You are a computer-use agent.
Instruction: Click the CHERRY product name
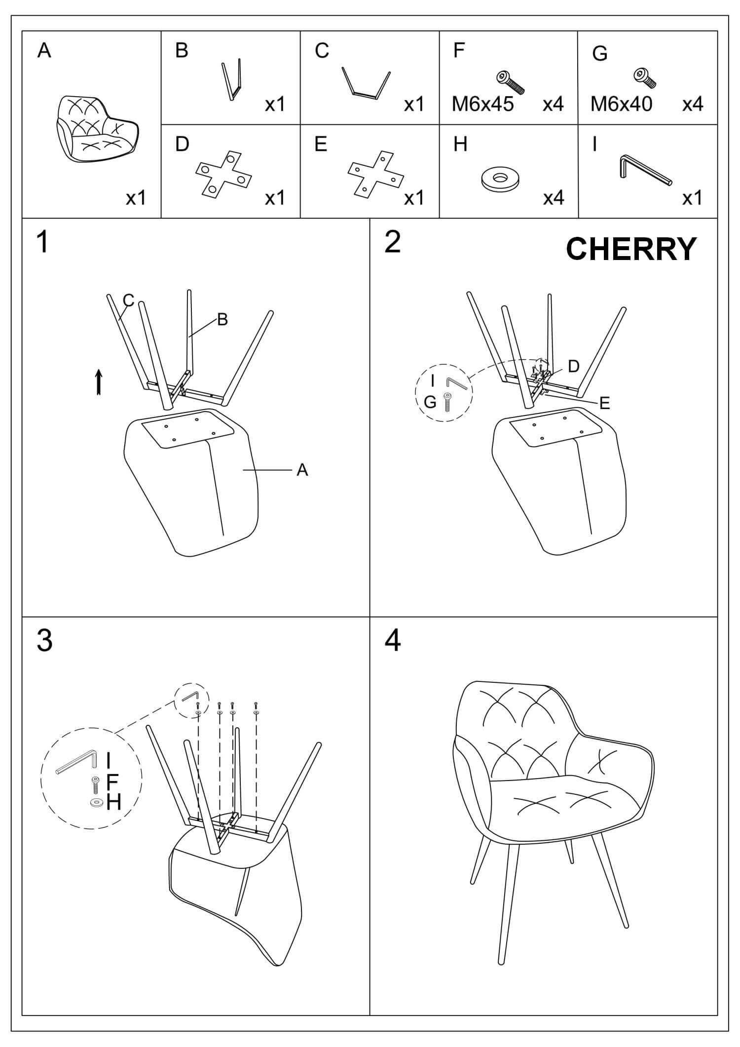click(x=631, y=249)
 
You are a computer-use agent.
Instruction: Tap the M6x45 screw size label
click(x=482, y=104)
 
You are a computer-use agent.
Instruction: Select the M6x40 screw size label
click(x=621, y=104)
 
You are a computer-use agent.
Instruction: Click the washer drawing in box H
click(x=501, y=180)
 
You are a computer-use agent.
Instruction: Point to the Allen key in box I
click(x=644, y=170)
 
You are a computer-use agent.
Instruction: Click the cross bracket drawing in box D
click(x=223, y=171)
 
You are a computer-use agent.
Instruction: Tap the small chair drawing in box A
click(x=98, y=128)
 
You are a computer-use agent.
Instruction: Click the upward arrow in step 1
click(x=99, y=382)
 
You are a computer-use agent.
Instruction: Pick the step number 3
click(x=44, y=641)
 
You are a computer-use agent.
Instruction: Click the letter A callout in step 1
click(x=302, y=470)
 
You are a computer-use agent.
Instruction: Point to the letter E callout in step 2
click(x=604, y=403)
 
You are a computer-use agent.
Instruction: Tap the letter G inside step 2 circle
click(x=430, y=403)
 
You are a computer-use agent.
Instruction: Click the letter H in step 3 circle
click(x=113, y=803)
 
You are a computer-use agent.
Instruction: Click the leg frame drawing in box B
click(x=232, y=79)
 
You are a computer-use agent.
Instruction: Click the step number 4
click(x=393, y=641)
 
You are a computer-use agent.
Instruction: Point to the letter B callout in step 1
click(x=222, y=320)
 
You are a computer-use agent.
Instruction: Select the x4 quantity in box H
click(x=553, y=198)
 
